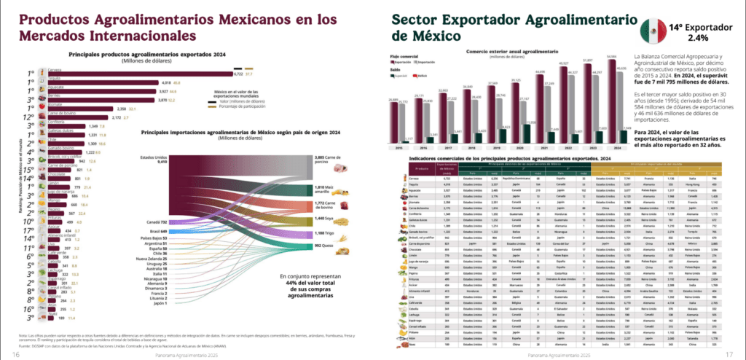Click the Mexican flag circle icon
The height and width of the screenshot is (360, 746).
(x=654, y=31)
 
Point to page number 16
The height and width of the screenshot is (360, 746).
(x=16, y=354)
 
